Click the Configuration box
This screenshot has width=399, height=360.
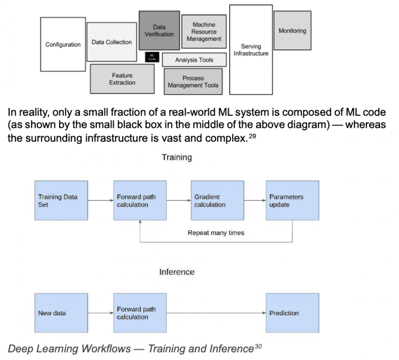click(63, 45)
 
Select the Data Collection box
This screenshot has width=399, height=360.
click(112, 42)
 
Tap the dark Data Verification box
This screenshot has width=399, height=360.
click(159, 30)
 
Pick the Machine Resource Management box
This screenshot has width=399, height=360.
click(204, 32)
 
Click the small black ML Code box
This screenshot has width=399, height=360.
click(151, 57)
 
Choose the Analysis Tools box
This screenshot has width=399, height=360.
click(194, 60)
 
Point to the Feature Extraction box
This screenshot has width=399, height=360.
click(122, 79)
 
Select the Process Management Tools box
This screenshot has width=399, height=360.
click(193, 82)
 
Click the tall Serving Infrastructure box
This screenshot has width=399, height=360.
click(251, 50)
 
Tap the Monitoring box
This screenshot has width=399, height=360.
click(292, 31)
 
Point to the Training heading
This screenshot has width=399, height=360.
click(177, 157)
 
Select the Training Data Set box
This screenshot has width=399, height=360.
click(61, 201)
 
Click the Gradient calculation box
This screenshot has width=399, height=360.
click(217, 201)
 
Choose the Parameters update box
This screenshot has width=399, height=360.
click(292, 201)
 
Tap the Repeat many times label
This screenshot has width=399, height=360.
click(216, 233)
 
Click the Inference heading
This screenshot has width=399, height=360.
click(177, 272)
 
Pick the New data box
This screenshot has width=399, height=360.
click(61, 313)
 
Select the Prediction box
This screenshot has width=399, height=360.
click(292, 313)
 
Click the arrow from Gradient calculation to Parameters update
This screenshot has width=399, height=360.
click(255, 201)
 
